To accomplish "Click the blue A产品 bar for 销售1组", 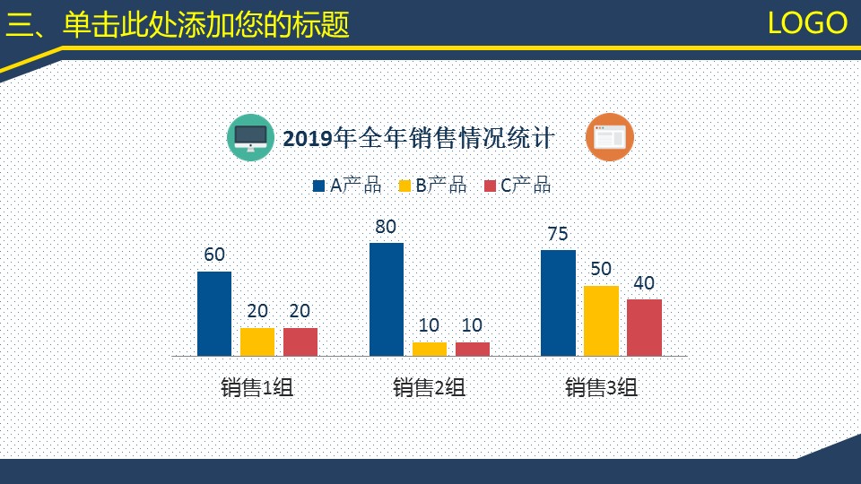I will [x=214, y=314].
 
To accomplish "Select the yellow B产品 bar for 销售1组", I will [x=257, y=342].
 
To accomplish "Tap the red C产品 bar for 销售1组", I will [x=300, y=342].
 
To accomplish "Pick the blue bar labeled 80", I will [x=387, y=299].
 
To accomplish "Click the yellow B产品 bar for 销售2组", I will [x=430, y=349].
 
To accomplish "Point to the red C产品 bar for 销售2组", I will [x=473, y=349].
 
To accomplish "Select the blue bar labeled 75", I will [x=558, y=303].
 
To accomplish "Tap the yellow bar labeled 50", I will [x=601, y=321].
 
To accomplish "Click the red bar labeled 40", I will [x=644, y=328].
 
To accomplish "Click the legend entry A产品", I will [x=348, y=186].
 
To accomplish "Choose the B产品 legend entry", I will [x=433, y=186].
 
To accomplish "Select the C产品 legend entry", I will [x=517, y=186].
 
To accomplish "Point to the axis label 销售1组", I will [x=257, y=388].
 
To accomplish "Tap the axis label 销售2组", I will [x=430, y=388].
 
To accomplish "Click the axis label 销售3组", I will [x=601, y=388].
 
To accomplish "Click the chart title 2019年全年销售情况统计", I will [x=418, y=139].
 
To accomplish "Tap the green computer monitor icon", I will [x=250, y=138].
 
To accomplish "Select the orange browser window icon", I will [x=610, y=138].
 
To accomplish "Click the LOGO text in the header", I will [x=807, y=23].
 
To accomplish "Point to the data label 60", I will [x=214, y=255].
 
